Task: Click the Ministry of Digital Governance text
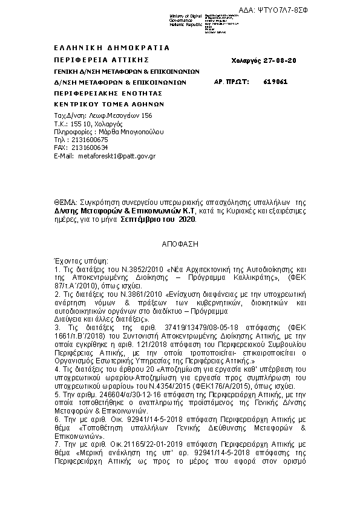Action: (x=186, y=19)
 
